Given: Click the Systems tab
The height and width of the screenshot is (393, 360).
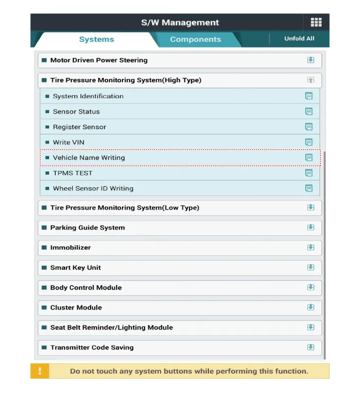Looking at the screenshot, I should (x=96, y=39).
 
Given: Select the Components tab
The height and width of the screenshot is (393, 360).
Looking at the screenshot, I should (x=195, y=39).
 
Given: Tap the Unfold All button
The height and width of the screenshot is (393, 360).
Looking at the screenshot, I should (x=299, y=39).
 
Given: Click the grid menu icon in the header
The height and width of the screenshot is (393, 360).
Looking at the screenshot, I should (x=316, y=23).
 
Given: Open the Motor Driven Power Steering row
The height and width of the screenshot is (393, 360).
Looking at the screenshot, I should (x=99, y=60).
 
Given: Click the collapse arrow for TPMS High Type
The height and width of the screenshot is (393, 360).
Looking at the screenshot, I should (x=310, y=80).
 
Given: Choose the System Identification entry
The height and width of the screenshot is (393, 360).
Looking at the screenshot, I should (x=88, y=96).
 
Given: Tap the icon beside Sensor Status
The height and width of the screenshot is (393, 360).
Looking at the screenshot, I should (x=309, y=112).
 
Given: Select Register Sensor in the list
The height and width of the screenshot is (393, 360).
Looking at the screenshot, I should (x=79, y=127).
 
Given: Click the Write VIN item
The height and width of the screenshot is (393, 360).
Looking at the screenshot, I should (x=69, y=142).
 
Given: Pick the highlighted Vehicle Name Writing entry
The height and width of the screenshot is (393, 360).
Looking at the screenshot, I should (x=89, y=158).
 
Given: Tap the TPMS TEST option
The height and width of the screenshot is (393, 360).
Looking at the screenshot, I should (x=73, y=173).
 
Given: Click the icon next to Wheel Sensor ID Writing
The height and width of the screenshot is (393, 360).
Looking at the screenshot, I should (x=309, y=188).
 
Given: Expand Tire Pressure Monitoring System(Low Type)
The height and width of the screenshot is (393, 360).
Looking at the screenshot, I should (x=124, y=208).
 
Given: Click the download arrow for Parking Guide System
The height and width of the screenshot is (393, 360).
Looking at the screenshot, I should (x=310, y=228).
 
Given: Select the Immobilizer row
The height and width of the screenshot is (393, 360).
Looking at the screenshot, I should (x=71, y=248).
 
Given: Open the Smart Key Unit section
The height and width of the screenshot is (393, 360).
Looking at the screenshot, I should (x=75, y=268).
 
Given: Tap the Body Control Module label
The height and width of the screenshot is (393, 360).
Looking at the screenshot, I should (x=86, y=288).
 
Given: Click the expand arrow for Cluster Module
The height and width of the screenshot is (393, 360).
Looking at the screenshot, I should (x=310, y=308).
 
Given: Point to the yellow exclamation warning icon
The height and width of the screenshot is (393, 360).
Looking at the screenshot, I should (x=40, y=371).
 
